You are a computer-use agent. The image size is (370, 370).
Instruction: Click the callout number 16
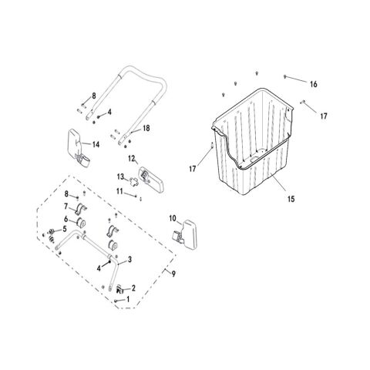[314, 84]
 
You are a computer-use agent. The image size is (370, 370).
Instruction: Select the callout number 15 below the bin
[291, 199]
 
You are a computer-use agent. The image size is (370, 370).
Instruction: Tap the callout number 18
[146, 128]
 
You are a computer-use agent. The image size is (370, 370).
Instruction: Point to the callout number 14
[96, 144]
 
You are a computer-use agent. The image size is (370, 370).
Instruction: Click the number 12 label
[132, 159]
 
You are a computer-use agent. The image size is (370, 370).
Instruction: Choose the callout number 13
[120, 177]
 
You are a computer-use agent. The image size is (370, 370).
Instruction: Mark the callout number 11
[119, 191]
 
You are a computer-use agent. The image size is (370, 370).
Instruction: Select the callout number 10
[173, 218]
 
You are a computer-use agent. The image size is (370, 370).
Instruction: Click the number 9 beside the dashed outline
[173, 274]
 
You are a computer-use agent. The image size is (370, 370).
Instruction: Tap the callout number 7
[66, 206]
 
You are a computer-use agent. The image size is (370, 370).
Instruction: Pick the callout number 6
[66, 219]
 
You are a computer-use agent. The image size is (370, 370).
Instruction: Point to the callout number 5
[65, 228]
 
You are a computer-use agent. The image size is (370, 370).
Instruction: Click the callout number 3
[129, 260]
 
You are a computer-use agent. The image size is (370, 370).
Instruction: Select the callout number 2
[133, 288]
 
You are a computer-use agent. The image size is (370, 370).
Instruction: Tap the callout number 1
[128, 299]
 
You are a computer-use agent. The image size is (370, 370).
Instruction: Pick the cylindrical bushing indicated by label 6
[82, 224]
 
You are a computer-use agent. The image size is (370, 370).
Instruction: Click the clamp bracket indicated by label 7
[81, 209]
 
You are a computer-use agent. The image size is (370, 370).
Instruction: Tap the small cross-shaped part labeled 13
[133, 182]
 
